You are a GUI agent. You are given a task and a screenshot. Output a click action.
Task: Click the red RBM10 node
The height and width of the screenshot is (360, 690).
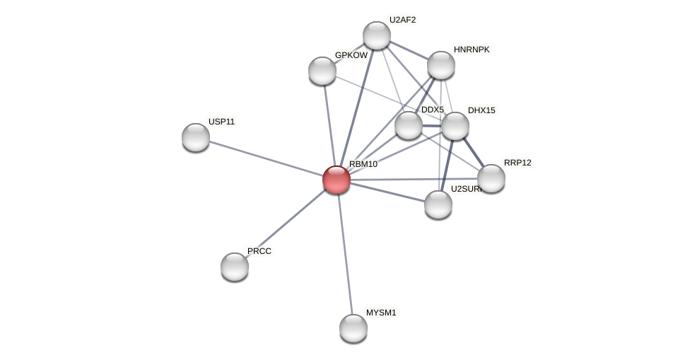(337, 180)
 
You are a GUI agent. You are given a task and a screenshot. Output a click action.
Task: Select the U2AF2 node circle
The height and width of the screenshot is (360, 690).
(377, 35)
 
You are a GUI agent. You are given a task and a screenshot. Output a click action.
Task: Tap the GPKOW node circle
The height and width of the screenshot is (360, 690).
(322, 71)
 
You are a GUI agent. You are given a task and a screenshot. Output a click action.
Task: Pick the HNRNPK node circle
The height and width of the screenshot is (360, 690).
(441, 65)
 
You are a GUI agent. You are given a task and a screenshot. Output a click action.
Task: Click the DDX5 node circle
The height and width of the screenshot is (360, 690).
(409, 125)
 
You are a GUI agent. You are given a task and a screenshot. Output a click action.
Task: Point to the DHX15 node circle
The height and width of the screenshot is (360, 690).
(455, 126)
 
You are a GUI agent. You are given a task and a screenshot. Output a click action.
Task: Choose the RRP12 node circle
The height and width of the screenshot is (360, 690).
(491, 178)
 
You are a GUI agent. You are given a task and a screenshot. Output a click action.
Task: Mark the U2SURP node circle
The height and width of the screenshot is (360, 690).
(438, 204)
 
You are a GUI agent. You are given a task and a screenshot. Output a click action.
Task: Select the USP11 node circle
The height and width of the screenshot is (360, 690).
(196, 137)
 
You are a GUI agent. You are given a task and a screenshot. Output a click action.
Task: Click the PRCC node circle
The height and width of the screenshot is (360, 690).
(235, 267)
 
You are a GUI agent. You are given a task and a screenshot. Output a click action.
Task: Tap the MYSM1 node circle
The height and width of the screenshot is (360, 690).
(353, 328)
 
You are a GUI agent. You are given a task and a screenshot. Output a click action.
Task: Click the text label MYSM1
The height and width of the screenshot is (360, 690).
(381, 313)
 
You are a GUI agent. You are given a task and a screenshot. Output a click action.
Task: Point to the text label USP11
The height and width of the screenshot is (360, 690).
(221, 122)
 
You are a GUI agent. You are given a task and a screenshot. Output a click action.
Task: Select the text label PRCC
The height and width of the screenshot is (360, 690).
(259, 251)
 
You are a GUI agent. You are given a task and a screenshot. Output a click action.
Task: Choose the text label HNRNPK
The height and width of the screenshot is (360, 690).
(471, 50)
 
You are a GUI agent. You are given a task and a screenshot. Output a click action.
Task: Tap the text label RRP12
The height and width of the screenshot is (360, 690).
(517, 163)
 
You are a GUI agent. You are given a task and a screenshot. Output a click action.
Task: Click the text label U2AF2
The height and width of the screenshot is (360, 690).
(402, 20)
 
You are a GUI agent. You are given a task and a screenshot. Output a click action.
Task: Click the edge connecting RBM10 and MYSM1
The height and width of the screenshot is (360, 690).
(345, 253)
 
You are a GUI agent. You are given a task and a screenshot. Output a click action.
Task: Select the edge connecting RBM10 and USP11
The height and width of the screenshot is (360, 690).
(266, 158)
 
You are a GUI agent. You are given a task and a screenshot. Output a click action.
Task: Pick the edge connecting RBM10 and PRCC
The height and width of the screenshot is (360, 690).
(286, 223)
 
